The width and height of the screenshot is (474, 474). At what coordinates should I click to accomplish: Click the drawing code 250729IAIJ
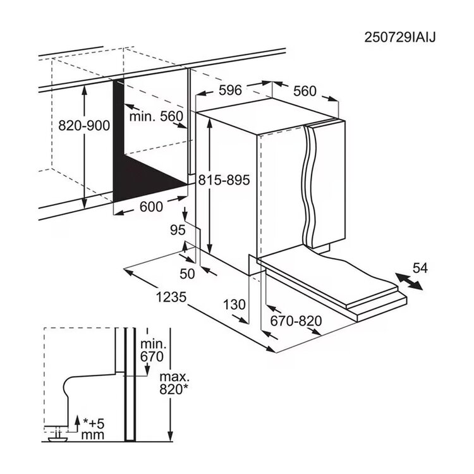399,38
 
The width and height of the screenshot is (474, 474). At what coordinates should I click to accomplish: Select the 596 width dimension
230,90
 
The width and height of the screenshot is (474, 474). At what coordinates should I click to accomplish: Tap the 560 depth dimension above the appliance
305,91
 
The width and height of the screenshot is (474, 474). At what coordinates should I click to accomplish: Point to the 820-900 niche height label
84,126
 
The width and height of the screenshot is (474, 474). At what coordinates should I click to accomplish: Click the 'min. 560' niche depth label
156,116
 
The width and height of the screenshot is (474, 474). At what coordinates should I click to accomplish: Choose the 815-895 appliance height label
224,180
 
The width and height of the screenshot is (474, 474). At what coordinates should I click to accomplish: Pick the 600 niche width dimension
151,207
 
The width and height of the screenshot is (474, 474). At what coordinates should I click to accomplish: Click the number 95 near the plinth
178,230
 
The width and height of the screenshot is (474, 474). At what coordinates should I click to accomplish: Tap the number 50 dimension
187,274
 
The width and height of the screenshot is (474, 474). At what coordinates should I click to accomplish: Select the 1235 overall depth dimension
171,297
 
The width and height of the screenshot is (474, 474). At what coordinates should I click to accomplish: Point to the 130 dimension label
234,305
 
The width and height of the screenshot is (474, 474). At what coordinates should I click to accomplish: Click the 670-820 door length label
296,321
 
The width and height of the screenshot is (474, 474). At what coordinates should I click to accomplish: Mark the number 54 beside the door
420,268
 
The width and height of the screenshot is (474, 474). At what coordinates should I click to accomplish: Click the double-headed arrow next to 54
409,281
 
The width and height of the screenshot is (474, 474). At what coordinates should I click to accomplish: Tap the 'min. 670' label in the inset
152,350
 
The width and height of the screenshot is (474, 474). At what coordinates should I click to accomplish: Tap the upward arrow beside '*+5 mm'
77,425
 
